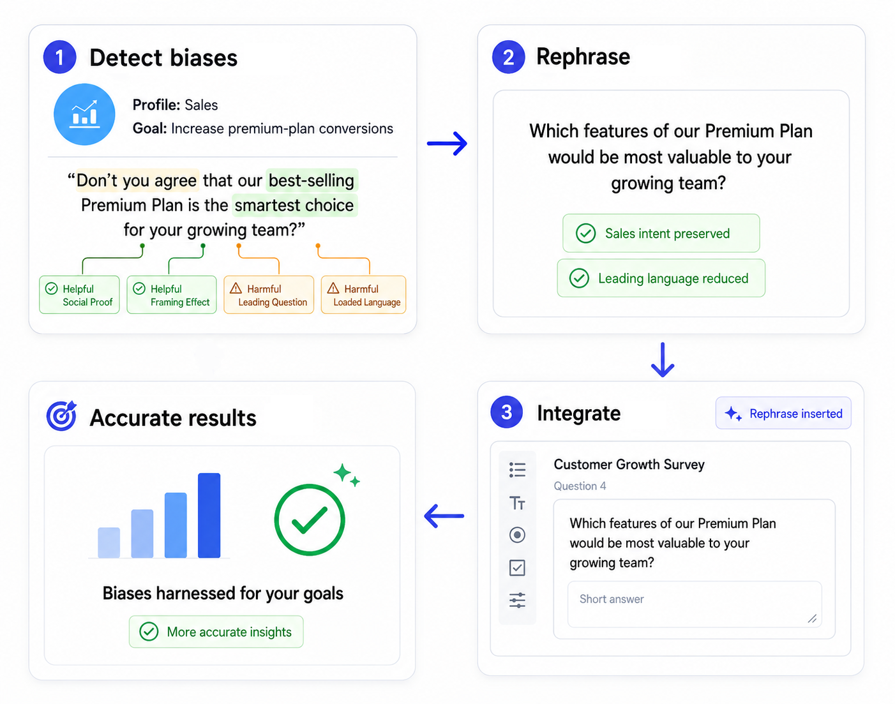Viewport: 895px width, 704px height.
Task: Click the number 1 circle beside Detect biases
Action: pyautogui.click(x=59, y=57)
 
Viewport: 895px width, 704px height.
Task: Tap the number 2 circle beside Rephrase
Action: pyautogui.click(x=508, y=57)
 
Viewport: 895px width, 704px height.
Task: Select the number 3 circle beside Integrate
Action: pyautogui.click(x=507, y=412)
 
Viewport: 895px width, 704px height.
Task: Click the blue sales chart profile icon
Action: pyautogui.click(x=84, y=114)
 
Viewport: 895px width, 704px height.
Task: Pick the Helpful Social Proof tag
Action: pyautogui.click(x=79, y=295)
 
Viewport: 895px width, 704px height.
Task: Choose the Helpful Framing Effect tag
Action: pyautogui.click(x=172, y=295)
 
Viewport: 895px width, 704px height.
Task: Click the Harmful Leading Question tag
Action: pyautogui.click(x=269, y=295)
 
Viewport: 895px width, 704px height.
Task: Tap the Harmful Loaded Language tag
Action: pyautogui.click(x=363, y=295)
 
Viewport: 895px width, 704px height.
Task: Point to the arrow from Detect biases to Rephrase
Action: pyautogui.click(x=447, y=144)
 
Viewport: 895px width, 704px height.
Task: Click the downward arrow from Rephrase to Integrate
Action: pyautogui.click(x=663, y=360)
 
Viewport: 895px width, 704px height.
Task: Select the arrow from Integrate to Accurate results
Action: pyautogui.click(x=444, y=516)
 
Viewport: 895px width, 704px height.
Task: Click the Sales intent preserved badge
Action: pyautogui.click(x=661, y=233)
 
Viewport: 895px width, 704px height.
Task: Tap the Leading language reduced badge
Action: pyautogui.click(x=661, y=278)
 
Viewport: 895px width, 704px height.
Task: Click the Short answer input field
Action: pyautogui.click(x=695, y=604)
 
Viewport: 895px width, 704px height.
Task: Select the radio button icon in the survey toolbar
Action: pyautogui.click(x=517, y=535)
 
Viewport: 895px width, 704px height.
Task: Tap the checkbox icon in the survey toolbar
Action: pyautogui.click(x=517, y=567)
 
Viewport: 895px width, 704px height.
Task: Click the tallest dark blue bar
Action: pyautogui.click(x=209, y=515)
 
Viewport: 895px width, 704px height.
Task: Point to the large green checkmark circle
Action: pyautogui.click(x=310, y=520)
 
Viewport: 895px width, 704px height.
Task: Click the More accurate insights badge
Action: pyautogui.click(x=216, y=632)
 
